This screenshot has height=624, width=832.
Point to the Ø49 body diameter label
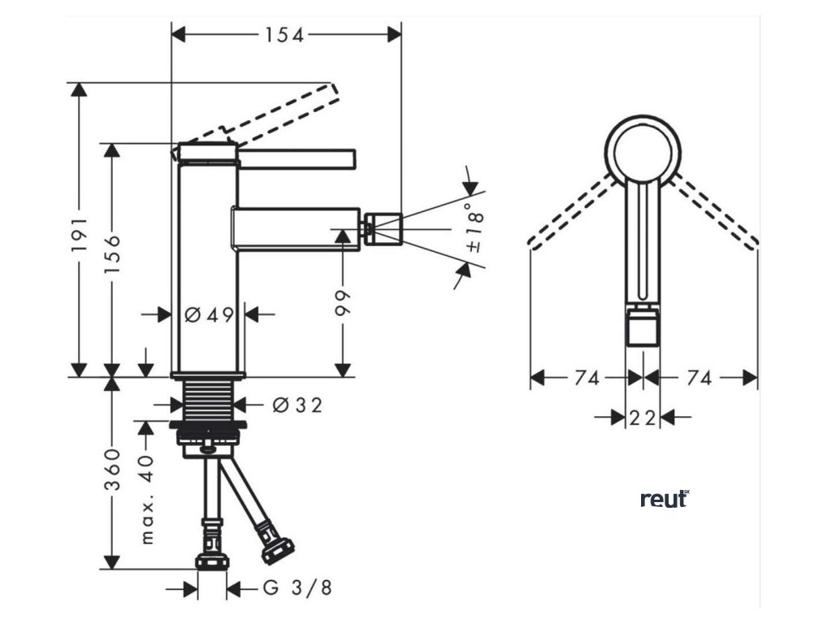point(209,314)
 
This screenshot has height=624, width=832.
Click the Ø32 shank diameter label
point(297,404)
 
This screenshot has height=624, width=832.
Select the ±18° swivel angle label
point(475,228)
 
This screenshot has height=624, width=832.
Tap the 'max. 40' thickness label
point(146,500)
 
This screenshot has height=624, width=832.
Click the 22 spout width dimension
point(643,418)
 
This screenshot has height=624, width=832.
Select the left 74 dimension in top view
point(587,378)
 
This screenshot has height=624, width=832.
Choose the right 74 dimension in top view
point(700,378)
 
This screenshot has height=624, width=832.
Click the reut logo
point(664,499)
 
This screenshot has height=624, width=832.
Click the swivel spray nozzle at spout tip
point(382,227)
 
